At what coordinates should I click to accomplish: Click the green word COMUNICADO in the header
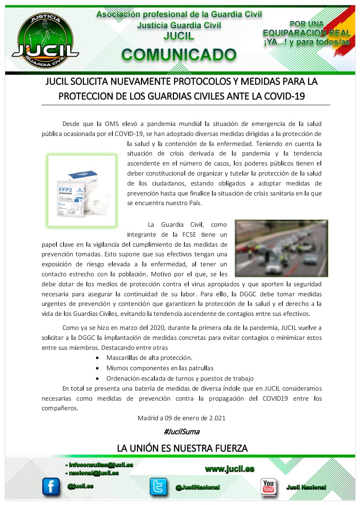[179, 55]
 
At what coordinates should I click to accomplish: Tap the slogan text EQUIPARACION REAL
[306, 33]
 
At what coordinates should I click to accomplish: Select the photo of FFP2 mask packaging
[82, 191]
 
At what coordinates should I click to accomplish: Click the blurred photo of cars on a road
[281, 248]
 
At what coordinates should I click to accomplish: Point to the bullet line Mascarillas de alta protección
[149, 357]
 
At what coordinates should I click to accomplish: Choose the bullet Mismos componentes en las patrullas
[160, 368]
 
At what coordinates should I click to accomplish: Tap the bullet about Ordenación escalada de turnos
[180, 378]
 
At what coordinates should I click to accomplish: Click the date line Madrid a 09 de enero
[182, 418]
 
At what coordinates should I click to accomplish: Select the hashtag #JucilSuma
[182, 432]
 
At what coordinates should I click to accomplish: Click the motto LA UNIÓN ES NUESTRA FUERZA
[182, 448]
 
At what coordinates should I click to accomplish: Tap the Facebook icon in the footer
[51, 487]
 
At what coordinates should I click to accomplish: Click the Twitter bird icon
[158, 487]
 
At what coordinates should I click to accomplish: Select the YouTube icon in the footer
[268, 487]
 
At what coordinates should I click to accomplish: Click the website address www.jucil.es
[230, 469]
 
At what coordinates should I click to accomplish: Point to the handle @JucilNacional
[197, 487]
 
